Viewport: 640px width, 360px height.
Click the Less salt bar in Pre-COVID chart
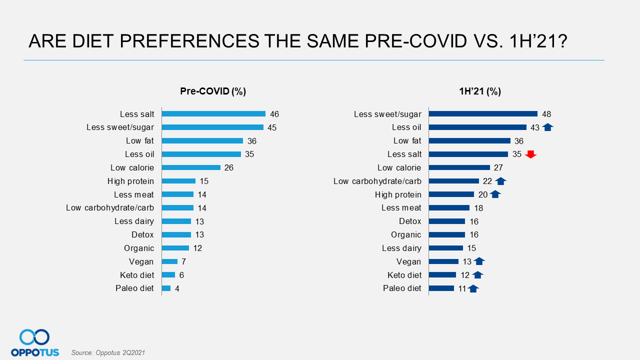[213, 114]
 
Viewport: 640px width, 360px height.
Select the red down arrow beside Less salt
[530, 154]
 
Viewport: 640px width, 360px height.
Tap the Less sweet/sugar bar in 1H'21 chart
[483, 114]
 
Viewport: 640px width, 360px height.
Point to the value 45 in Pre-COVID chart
[272, 127]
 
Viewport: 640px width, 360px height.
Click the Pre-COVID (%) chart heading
[213, 91]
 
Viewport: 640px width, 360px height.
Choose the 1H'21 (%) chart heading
[480, 91]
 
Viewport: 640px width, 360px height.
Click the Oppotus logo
[34, 343]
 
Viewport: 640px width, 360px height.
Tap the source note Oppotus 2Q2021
[108, 353]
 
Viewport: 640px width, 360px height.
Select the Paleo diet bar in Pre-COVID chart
[166, 288]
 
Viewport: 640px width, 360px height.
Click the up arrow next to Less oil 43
[547, 127]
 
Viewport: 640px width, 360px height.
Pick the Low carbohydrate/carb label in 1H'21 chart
[377, 181]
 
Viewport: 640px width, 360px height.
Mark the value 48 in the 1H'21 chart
[546, 114]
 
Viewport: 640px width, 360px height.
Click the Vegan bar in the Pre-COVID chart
[170, 261]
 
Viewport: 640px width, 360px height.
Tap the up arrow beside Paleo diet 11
[473, 288]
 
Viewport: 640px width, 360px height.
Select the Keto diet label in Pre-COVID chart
[137, 275]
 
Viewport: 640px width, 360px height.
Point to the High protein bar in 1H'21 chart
[451, 194]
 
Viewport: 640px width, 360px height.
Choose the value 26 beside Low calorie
[229, 167]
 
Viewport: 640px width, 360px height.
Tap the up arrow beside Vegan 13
[479, 261]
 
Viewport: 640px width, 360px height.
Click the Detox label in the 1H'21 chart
[410, 221]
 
